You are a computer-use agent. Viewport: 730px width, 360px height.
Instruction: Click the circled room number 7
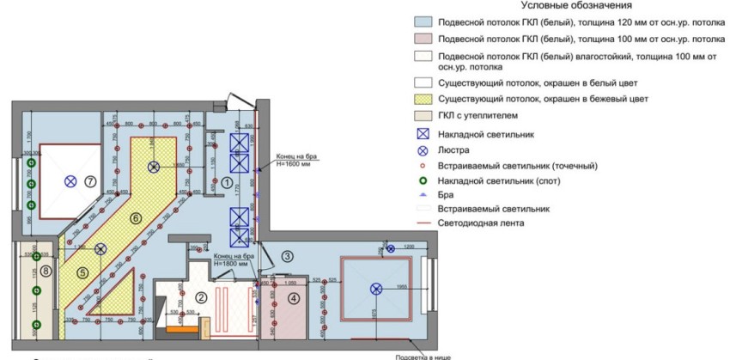pos(90,182)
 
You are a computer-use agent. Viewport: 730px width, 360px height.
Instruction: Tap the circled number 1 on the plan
pos(227,182)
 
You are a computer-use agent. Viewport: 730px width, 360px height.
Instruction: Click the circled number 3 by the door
pos(288,255)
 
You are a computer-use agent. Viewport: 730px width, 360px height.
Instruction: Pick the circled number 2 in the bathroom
pos(202,297)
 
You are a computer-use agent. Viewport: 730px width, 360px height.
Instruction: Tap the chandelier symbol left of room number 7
pos(70,182)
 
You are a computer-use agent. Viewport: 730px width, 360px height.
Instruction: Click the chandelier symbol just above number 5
pos(100,249)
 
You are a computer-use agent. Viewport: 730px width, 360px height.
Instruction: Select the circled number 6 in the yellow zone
pos(135,218)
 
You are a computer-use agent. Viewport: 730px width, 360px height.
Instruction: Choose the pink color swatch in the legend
pos(421,40)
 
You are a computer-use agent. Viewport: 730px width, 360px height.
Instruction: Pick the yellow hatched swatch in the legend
pos(421,99)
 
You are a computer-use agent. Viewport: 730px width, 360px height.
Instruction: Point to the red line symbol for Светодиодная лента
pos(421,223)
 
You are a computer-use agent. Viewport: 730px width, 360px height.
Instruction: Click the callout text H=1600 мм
pos(292,163)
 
